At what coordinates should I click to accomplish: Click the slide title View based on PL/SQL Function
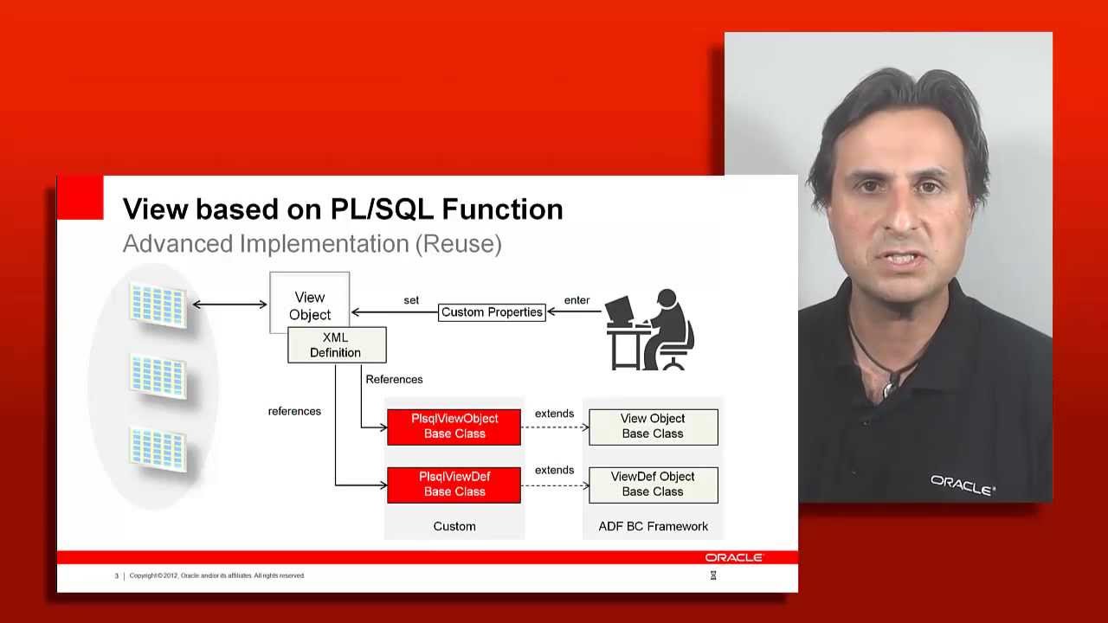343,209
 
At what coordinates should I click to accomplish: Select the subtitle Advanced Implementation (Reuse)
312,244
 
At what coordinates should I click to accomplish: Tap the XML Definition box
337,345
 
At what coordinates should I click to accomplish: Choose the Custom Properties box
492,312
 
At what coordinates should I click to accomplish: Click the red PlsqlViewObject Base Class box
454,427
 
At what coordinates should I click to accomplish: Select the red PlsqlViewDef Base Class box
454,485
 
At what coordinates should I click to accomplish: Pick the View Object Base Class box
653,427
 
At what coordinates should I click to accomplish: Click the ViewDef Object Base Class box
653,485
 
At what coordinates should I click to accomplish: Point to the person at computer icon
651,331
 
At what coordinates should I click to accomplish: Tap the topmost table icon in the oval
158,305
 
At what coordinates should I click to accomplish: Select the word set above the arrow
411,300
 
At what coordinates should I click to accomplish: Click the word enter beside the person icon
577,300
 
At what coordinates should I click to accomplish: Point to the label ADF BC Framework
653,526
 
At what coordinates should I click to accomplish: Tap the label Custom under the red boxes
454,526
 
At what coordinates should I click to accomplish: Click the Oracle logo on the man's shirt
963,485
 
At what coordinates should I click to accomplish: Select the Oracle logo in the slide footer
733,558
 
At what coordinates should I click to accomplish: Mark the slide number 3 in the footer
117,575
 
